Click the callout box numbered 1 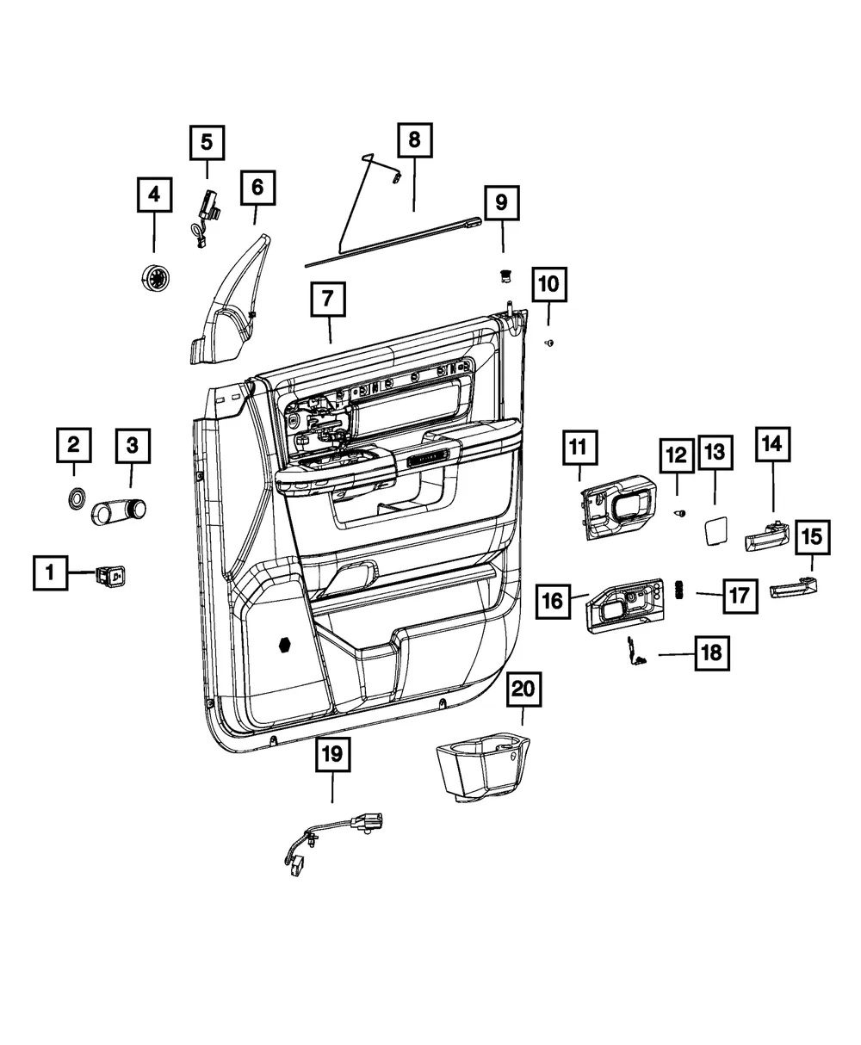50,572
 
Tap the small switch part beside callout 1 110,576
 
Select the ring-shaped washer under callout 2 77,498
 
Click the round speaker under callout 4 154,277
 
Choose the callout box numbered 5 208,143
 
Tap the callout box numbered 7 328,300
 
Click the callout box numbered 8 415,140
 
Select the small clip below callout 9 506,275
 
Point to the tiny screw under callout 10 549,343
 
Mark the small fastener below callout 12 680,513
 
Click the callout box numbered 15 813,537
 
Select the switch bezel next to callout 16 626,606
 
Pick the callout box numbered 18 712,653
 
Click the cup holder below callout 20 482,768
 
